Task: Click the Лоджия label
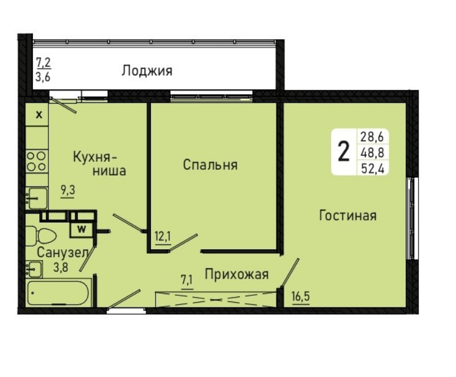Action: (147, 71)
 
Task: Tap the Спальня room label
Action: (210, 165)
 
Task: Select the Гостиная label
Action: (348, 216)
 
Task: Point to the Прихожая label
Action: (237, 274)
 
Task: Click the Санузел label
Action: (63, 253)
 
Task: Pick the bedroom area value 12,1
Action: (163, 237)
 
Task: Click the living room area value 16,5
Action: (301, 297)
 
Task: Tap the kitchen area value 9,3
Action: (68, 191)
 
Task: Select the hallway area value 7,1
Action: (187, 280)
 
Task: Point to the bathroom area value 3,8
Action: (61, 266)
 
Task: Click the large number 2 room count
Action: (344, 151)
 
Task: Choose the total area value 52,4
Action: (373, 168)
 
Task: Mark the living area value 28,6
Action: (373, 136)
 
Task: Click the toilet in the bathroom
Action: (41, 236)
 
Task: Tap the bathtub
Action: (58, 293)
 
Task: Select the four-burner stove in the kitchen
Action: (37, 161)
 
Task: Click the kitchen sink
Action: (37, 198)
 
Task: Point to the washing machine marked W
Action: (81, 229)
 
